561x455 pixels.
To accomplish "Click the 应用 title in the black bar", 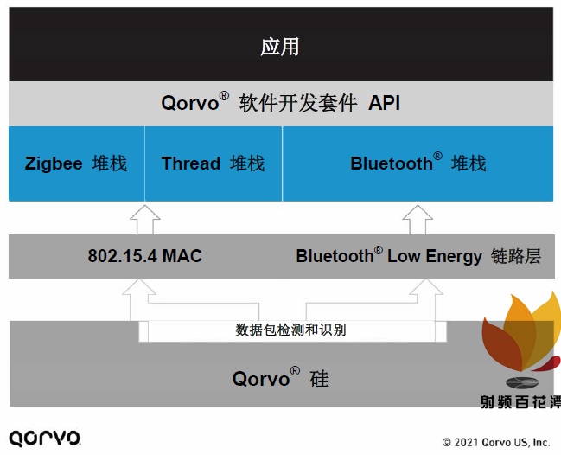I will [279, 47].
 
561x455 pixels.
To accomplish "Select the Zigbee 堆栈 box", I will [76, 163].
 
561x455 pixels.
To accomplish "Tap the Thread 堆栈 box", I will [213, 163].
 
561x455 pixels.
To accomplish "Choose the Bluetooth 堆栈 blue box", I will [418, 163].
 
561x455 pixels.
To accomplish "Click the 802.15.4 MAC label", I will [144, 256].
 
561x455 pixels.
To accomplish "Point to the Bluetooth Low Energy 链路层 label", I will [418, 256].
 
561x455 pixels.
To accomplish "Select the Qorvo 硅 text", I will [280, 378].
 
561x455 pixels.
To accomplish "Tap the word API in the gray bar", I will [385, 104].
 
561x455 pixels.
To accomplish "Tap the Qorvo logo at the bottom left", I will [45, 437].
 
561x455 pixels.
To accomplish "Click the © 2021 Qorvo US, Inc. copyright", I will [495, 442].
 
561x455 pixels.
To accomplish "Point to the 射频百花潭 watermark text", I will [520, 402].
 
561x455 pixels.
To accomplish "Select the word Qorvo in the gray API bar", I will [190, 104].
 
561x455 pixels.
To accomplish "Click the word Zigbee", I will [54, 163].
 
